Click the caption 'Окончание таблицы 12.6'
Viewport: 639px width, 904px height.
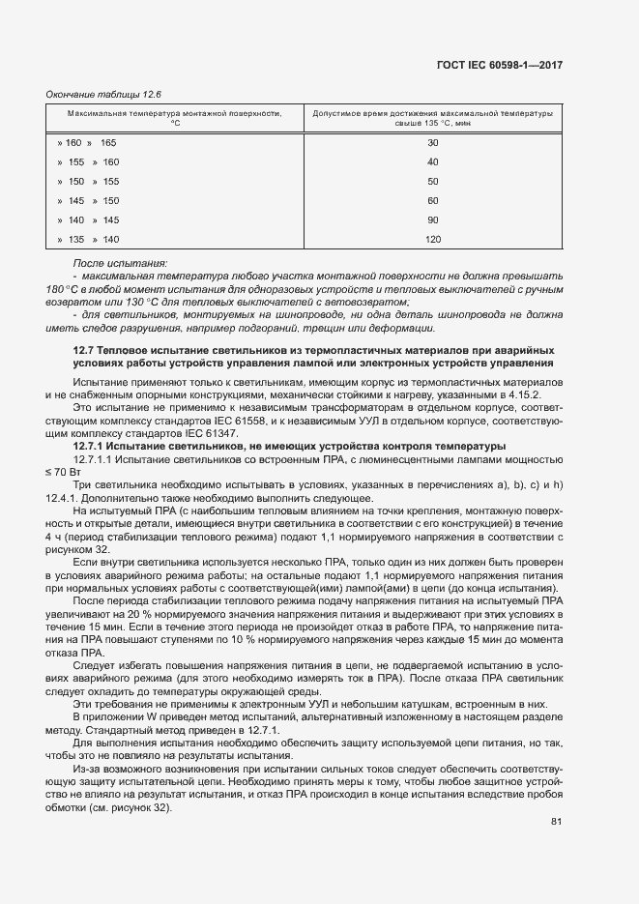point(103,95)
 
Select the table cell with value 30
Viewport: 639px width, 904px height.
point(432,143)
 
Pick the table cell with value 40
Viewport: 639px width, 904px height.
point(432,162)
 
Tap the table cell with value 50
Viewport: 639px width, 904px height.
point(432,182)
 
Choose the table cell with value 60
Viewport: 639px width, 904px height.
point(432,201)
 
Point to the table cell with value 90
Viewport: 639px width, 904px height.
point(432,220)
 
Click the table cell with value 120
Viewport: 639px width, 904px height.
point(432,240)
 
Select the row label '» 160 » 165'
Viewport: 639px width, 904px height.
point(86,143)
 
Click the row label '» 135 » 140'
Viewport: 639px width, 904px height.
point(88,240)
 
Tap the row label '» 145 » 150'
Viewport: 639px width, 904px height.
point(88,201)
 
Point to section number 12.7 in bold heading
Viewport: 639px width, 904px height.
point(85,349)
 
